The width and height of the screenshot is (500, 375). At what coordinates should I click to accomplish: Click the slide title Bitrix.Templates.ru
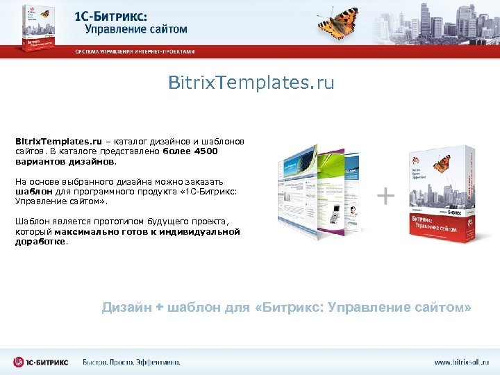[251, 83]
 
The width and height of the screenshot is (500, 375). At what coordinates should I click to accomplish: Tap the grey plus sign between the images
[385, 197]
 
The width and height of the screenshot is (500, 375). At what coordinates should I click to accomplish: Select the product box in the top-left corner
[31, 28]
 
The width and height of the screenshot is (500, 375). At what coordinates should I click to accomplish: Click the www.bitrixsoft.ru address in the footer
[461, 362]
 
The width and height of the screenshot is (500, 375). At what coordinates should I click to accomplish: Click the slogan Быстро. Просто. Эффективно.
[131, 362]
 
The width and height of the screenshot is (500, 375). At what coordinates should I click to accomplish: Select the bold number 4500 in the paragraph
[206, 151]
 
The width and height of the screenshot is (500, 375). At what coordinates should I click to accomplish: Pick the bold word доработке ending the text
[40, 242]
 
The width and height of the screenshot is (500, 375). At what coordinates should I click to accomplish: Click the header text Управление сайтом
[136, 30]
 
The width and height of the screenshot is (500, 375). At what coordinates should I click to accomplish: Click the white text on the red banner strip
[135, 51]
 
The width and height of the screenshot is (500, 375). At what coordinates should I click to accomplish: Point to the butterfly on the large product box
[441, 164]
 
